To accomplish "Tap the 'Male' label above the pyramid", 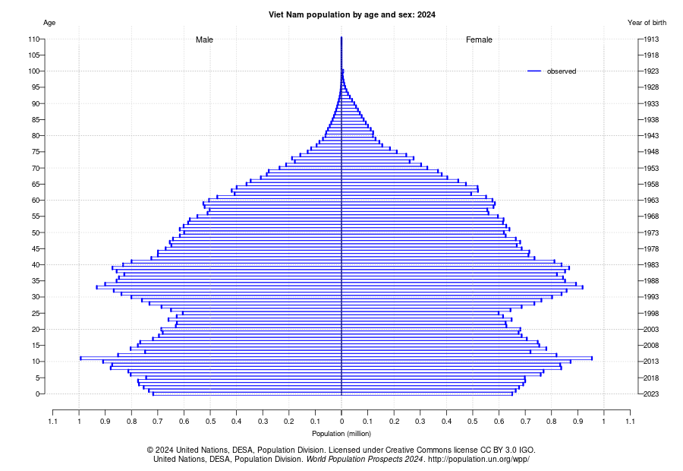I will coord(204,40).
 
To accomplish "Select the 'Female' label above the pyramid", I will coord(479,40).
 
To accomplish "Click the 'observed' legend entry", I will coord(561,71).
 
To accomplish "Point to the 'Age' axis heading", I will coord(49,23).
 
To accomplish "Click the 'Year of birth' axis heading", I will coord(647,23).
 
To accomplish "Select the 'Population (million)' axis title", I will coord(341,434).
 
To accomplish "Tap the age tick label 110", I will coord(34,39).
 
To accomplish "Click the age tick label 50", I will coord(36,232).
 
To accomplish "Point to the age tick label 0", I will coord(38,394).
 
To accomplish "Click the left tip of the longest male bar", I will coord(80,358).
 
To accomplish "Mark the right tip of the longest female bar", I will coord(592,358).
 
